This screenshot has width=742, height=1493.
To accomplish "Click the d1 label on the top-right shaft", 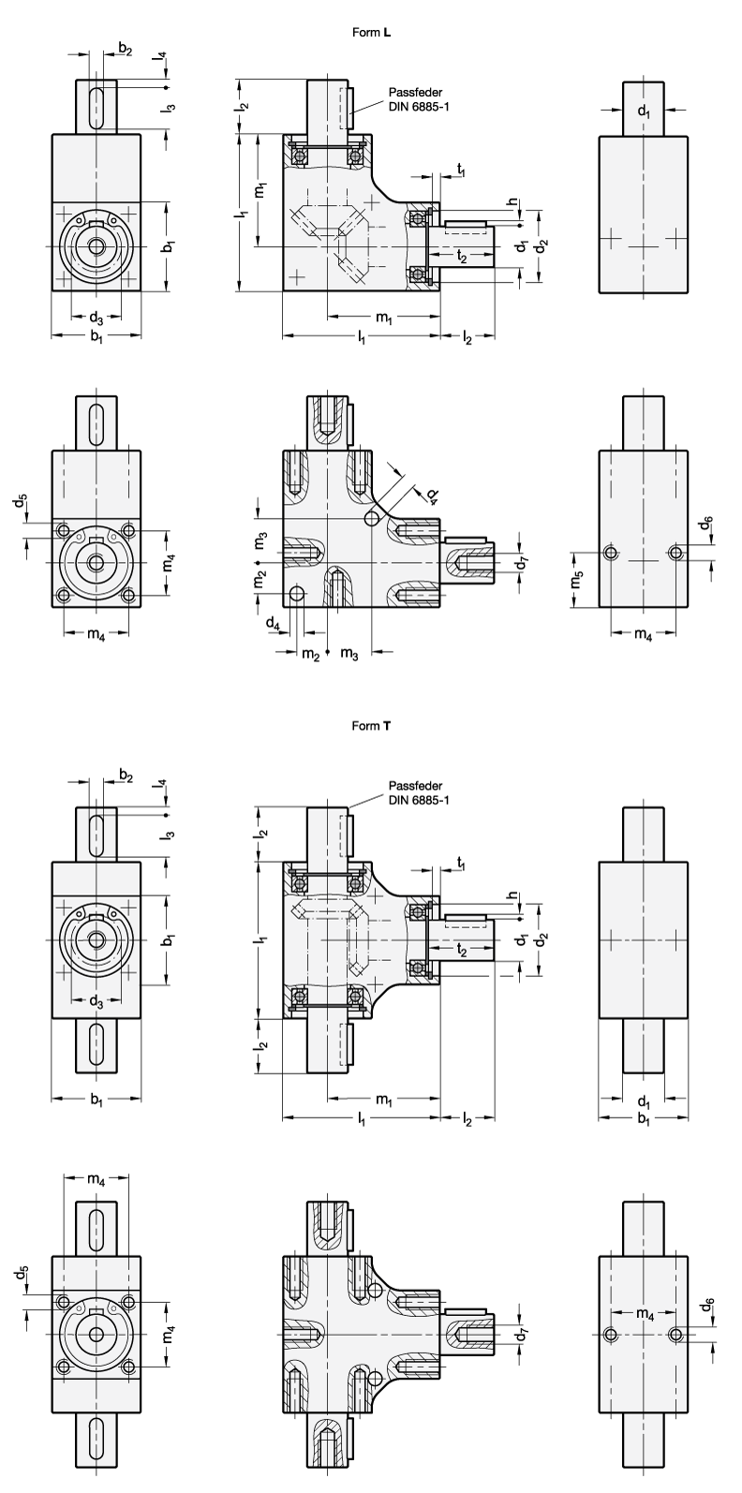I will tap(643, 111).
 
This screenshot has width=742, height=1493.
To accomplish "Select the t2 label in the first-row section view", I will tap(461, 255).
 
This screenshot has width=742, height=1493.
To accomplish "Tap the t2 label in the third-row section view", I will tap(461, 949).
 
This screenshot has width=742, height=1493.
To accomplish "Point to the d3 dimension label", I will tap(96, 1001).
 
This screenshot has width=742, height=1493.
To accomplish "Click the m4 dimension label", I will tap(645, 1314).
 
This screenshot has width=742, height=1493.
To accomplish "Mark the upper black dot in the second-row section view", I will tap(373, 519).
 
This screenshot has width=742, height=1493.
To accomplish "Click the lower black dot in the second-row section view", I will tap(297, 593).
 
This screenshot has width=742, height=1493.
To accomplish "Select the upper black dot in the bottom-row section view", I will tap(375, 1291).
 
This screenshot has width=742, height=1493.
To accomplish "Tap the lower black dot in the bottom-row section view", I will tap(375, 1378).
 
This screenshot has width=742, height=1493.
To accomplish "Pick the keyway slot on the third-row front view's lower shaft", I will tap(96, 1043).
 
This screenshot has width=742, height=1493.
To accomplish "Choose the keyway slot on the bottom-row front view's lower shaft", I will tap(96, 1439).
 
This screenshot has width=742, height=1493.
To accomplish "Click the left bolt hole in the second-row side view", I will tap(611, 553).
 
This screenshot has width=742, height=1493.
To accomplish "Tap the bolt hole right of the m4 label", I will tap(676, 1334).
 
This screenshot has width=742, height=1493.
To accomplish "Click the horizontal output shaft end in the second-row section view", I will tap(468, 563).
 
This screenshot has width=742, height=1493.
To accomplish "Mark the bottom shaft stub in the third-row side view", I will tap(643, 1044).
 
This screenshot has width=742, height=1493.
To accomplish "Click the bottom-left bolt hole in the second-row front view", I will tap(64, 594).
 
